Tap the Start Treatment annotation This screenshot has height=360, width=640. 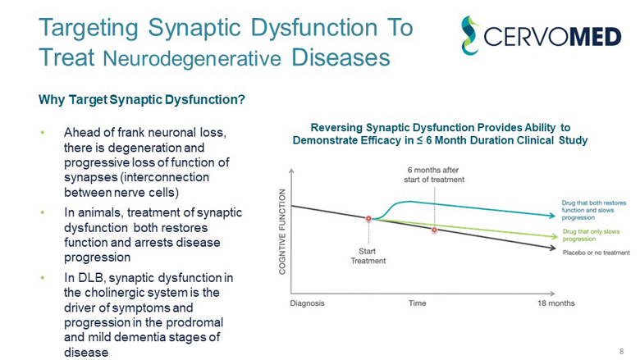click(368, 255)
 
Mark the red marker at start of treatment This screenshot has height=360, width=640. click(369, 219)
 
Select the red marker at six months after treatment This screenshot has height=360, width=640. click(434, 230)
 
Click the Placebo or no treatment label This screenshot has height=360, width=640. click(596, 253)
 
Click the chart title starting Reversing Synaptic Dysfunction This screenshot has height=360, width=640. click(440, 134)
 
